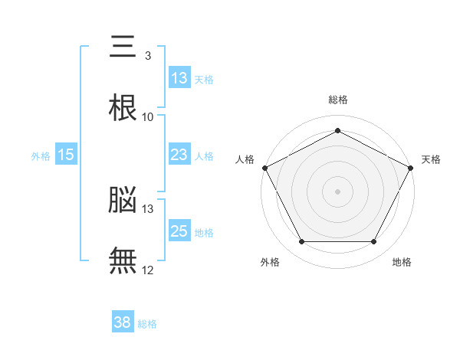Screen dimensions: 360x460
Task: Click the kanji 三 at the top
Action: click(123, 47)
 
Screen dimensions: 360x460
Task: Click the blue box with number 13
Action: click(179, 78)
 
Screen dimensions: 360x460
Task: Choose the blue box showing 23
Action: click(179, 155)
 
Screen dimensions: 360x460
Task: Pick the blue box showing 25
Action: click(179, 232)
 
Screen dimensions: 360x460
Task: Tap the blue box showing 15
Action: click(66, 155)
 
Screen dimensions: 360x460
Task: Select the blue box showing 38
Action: click(123, 323)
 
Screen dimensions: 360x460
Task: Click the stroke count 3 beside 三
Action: click(147, 56)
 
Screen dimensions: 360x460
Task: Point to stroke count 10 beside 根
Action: click(148, 117)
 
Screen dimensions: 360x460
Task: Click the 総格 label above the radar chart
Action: click(338, 100)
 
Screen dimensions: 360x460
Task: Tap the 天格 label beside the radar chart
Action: click(432, 159)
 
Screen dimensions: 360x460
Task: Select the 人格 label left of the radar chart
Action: click(245, 159)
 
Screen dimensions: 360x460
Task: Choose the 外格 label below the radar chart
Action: click(270, 262)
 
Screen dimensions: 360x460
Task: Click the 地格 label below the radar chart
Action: click(402, 262)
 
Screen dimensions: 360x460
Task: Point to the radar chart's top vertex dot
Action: click(337, 131)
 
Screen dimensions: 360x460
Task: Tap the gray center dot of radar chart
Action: click(337, 191)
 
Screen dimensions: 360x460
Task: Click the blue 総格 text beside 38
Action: click(147, 324)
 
